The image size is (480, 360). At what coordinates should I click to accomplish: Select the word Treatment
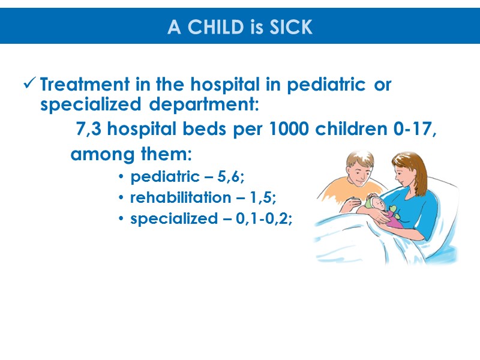[x=76, y=85]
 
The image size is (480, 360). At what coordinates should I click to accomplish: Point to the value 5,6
[x=232, y=177]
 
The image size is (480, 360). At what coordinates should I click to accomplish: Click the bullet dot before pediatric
[x=122, y=178]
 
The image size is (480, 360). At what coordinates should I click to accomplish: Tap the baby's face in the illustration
[x=376, y=205]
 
